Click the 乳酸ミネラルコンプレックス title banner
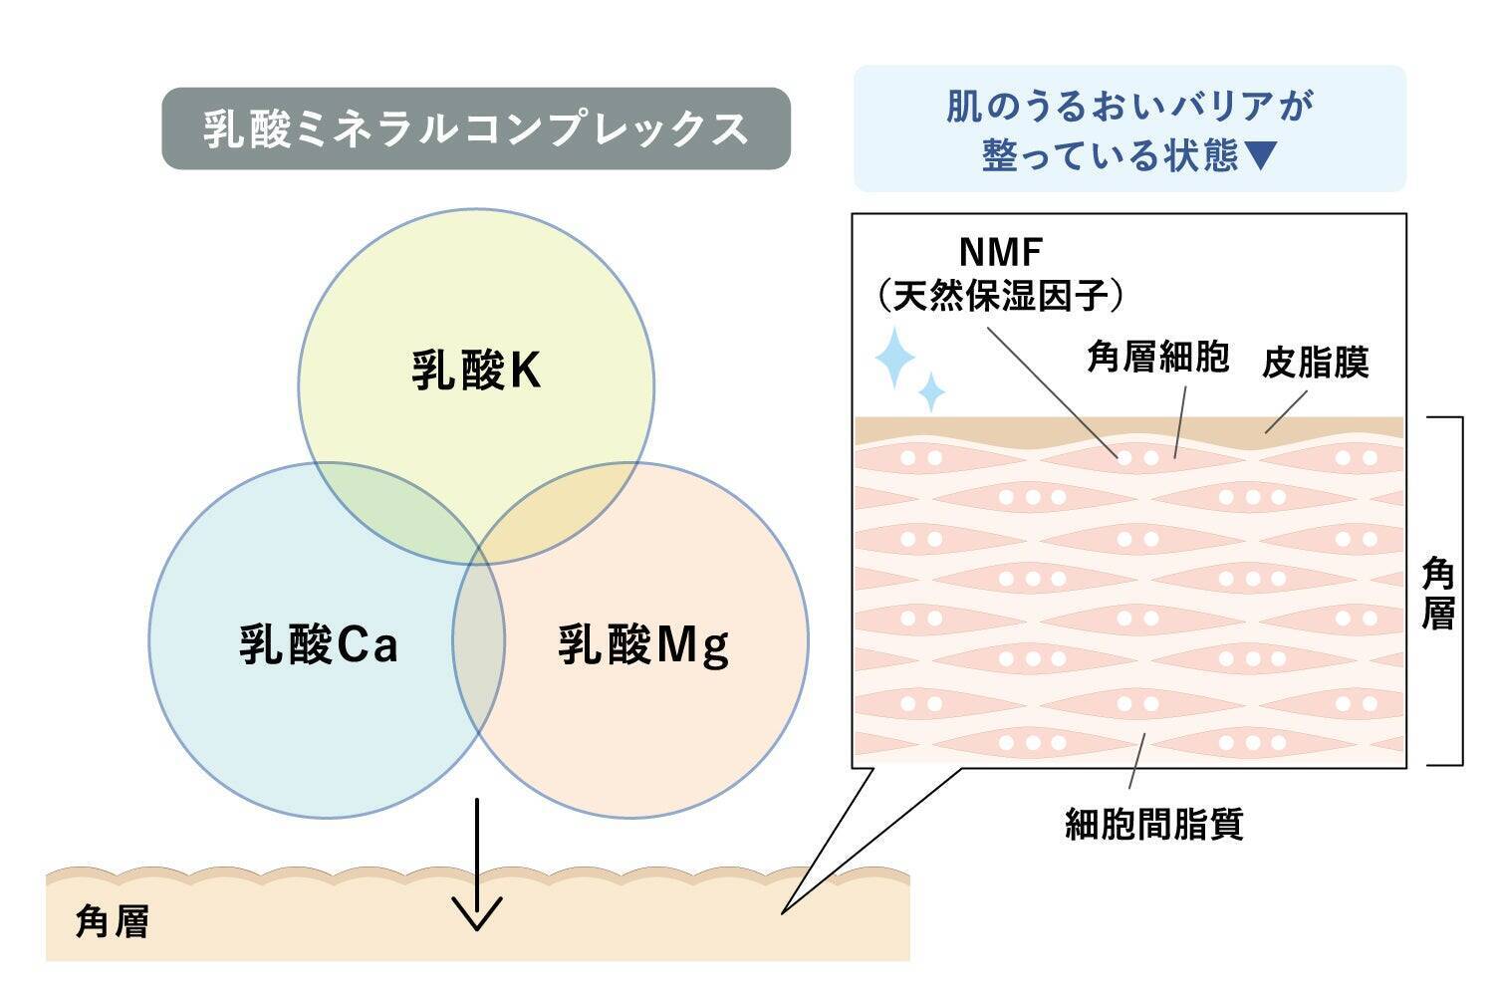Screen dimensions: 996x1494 pyautogui.click(x=476, y=128)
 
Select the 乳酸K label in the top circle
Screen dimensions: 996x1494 pyautogui.click(x=476, y=372)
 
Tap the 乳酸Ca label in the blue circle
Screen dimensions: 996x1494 pyautogui.click(x=319, y=644)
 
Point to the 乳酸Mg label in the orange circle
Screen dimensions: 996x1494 pyautogui.click(x=642, y=644)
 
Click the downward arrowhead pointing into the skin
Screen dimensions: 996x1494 pyautogui.click(x=477, y=914)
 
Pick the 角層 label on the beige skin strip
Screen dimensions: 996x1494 pyautogui.click(x=113, y=922)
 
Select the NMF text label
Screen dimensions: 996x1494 pyautogui.click(x=1000, y=252)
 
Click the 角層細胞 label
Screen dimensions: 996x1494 pyautogui.click(x=1157, y=358)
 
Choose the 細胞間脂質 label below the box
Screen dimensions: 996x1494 pyautogui.click(x=1154, y=825)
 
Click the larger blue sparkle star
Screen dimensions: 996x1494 pyautogui.click(x=893, y=358)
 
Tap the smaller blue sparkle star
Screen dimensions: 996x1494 pyautogui.click(x=931, y=391)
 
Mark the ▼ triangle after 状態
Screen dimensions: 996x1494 pyautogui.click(x=1260, y=155)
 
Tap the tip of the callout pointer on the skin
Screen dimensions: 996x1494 pyautogui.click(x=784, y=911)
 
